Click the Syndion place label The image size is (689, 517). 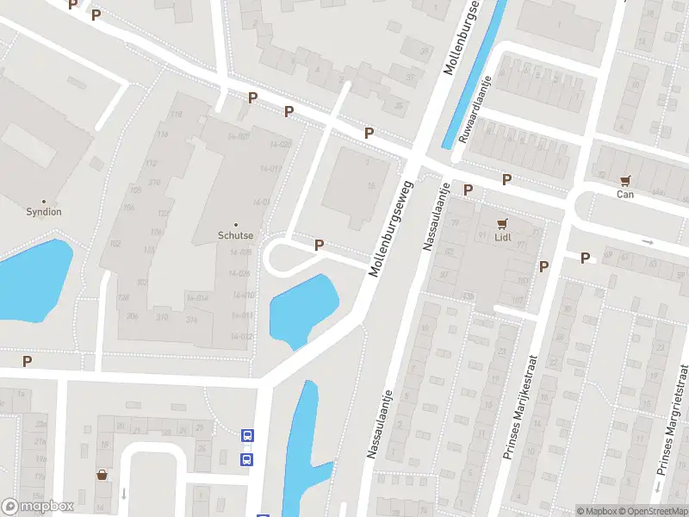[44, 212]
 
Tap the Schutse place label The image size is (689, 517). [235, 235]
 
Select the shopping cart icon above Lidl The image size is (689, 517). [501, 222]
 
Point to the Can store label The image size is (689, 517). [625, 194]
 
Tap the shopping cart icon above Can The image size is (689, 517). [625, 181]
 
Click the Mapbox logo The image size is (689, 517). [38, 507]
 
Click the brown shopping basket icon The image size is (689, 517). [102, 475]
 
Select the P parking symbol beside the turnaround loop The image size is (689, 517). [320, 246]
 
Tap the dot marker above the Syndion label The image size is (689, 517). [44, 202]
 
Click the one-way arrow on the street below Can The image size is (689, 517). [649, 242]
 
